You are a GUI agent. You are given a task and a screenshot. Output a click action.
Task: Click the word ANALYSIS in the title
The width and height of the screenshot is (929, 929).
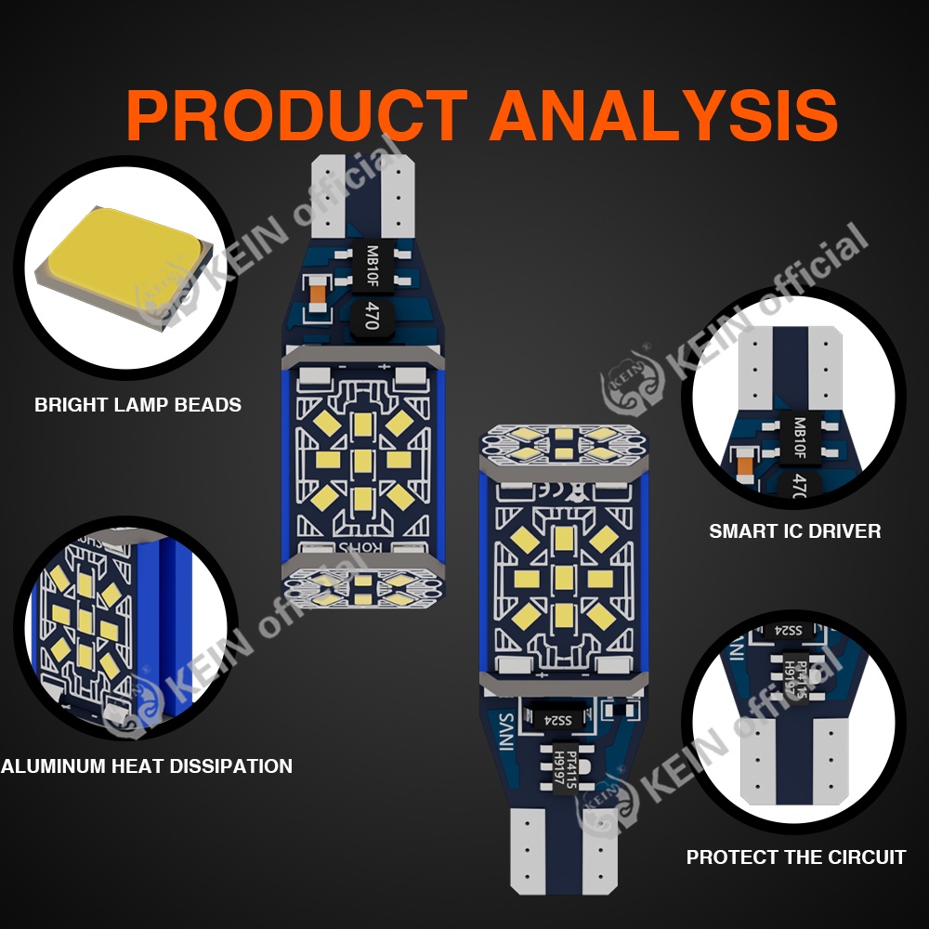(663, 115)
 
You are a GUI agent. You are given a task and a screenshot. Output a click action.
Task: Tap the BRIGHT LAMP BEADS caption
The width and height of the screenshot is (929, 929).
(137, 405)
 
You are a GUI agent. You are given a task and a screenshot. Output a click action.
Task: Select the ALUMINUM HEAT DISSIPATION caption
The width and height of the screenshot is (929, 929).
(146, 766)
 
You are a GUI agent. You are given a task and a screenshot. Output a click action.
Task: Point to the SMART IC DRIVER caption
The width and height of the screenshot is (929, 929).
(795, 531)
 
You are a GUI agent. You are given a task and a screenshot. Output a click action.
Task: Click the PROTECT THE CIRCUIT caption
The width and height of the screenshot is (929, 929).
(796, 857)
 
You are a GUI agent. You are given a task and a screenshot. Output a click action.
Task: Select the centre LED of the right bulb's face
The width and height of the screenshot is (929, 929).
(563, 578)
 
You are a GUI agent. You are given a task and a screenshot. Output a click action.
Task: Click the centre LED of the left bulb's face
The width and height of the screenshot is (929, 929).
(363, 459)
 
